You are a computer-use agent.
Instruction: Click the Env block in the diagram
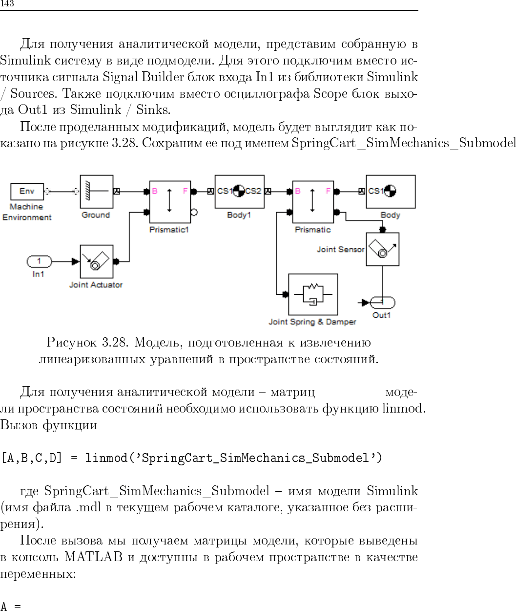click(27, 191)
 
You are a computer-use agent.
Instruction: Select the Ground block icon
click(96, 192)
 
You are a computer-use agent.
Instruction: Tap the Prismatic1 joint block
click(170, 201)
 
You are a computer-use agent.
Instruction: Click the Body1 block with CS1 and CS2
click(239, 192)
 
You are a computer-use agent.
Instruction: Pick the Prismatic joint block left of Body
click(313, 201)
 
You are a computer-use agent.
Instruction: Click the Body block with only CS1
click(391, 192)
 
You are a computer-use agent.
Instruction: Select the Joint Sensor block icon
click(383, 249)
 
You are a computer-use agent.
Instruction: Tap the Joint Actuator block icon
click(96, 262)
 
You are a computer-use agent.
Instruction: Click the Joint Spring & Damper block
click(313, 294)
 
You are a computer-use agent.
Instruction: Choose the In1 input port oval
click(39, 262)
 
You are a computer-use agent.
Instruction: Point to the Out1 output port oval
click(382, 303)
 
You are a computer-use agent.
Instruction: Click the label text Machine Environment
click(27, 212)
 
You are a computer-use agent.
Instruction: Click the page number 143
click(7, 4)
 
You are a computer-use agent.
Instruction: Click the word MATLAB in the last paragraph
click(93, 557)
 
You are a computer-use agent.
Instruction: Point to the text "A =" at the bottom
click(11, 607)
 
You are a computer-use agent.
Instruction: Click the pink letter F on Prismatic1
click(185, 191)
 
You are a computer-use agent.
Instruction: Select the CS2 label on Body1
click(253, 191)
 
